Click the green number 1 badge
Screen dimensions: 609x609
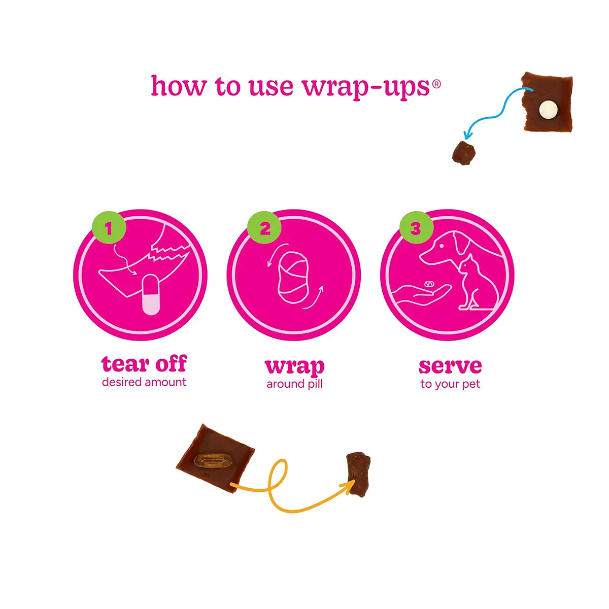(x=109, y=227)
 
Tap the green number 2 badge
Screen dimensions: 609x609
(x=264, y=227)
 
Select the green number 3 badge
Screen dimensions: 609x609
(x=417, y=227)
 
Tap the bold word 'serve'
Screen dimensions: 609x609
(x=450, y=366)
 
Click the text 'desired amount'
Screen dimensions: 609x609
(x=144, y=382)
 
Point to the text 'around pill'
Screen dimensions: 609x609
(x=294, y=384)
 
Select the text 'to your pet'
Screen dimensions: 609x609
(x=450, y=384)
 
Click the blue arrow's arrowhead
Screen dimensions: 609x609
(x=467, y=135)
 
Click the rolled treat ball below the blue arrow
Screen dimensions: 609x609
(x=463, y=153)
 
